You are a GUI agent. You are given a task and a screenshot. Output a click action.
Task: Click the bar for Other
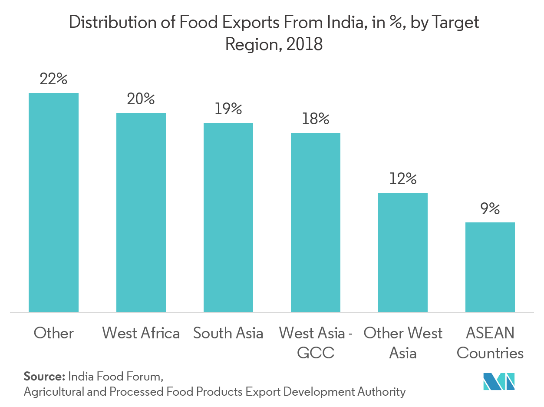(53, 202)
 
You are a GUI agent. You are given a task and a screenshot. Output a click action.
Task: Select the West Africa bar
(141, 212)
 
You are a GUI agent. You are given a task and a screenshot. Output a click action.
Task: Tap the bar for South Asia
(228, 217)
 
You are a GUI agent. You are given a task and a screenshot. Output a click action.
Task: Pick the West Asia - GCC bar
(315, 222)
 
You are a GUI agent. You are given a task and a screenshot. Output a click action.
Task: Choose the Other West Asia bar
(403, 252)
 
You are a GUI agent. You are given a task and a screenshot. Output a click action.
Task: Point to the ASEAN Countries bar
(490, 267)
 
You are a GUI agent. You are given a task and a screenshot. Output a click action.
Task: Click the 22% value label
(53, 79)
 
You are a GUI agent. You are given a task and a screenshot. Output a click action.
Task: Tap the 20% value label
(141, 99)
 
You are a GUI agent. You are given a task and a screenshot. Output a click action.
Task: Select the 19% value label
(228, 109)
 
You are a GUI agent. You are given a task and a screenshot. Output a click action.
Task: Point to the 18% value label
(315, 119)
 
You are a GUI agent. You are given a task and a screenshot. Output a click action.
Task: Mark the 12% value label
(403, 179)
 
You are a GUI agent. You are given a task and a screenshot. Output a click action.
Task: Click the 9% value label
(490, 209)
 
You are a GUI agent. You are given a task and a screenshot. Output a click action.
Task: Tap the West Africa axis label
(141, 333)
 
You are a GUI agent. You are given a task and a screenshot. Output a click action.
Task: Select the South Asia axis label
(228, 333)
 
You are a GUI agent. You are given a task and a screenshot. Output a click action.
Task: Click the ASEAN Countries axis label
(490, 343)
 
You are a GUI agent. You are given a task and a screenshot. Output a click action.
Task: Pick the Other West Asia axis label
(403, 343)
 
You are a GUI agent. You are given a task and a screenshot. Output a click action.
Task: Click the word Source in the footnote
(44, 375)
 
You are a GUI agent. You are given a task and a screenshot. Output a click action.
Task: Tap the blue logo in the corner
(499, 381)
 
